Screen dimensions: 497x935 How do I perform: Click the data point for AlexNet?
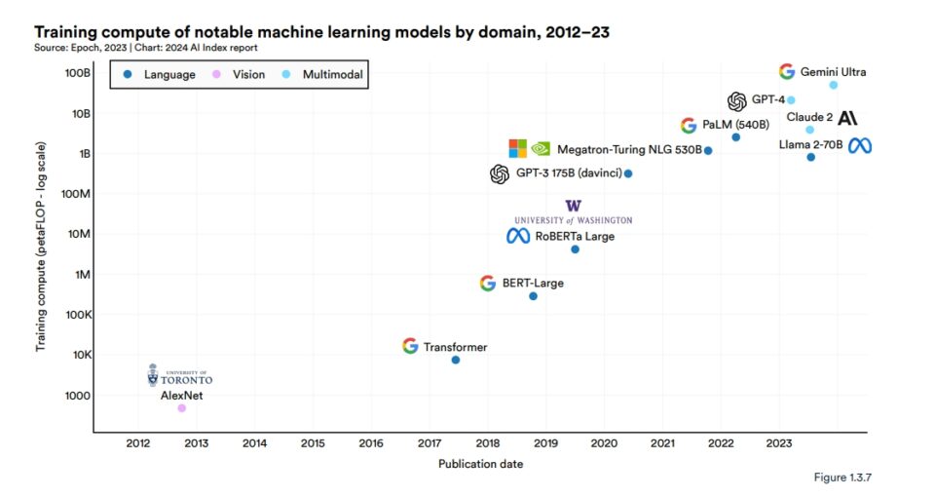point(181,408)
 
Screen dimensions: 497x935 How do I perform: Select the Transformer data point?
point(455,361)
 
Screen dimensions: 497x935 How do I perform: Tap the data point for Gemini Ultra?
point(833,85)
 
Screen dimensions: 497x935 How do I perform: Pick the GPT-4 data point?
point(791,100)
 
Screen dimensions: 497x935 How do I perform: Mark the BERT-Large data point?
point(533,296)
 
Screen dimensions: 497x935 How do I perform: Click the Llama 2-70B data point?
point(810,157)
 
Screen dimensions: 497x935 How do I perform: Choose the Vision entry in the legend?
point(243,74)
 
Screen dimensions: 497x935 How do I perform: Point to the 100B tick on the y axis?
point(79,73)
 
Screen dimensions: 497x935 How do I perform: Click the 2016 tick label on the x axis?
point(371,443)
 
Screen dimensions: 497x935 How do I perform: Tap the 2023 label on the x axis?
point(779,443)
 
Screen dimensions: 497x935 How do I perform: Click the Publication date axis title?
point(480,464)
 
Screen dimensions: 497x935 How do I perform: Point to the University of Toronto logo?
point(179,376)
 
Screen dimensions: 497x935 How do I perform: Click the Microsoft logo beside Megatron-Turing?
point(517,149)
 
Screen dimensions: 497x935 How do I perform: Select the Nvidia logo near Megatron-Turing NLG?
point(541,149)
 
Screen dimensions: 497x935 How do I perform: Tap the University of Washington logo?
point(573,211)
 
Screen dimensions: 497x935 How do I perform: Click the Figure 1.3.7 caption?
point(844,478)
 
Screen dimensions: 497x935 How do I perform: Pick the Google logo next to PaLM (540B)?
point(688,126)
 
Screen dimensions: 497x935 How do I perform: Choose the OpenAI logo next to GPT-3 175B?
point(500,174)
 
